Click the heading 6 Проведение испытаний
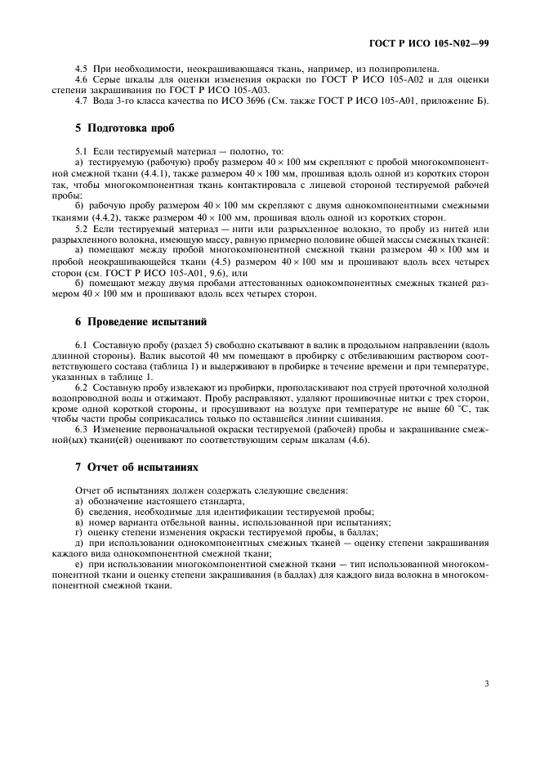(136, 321)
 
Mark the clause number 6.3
(81, 431)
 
